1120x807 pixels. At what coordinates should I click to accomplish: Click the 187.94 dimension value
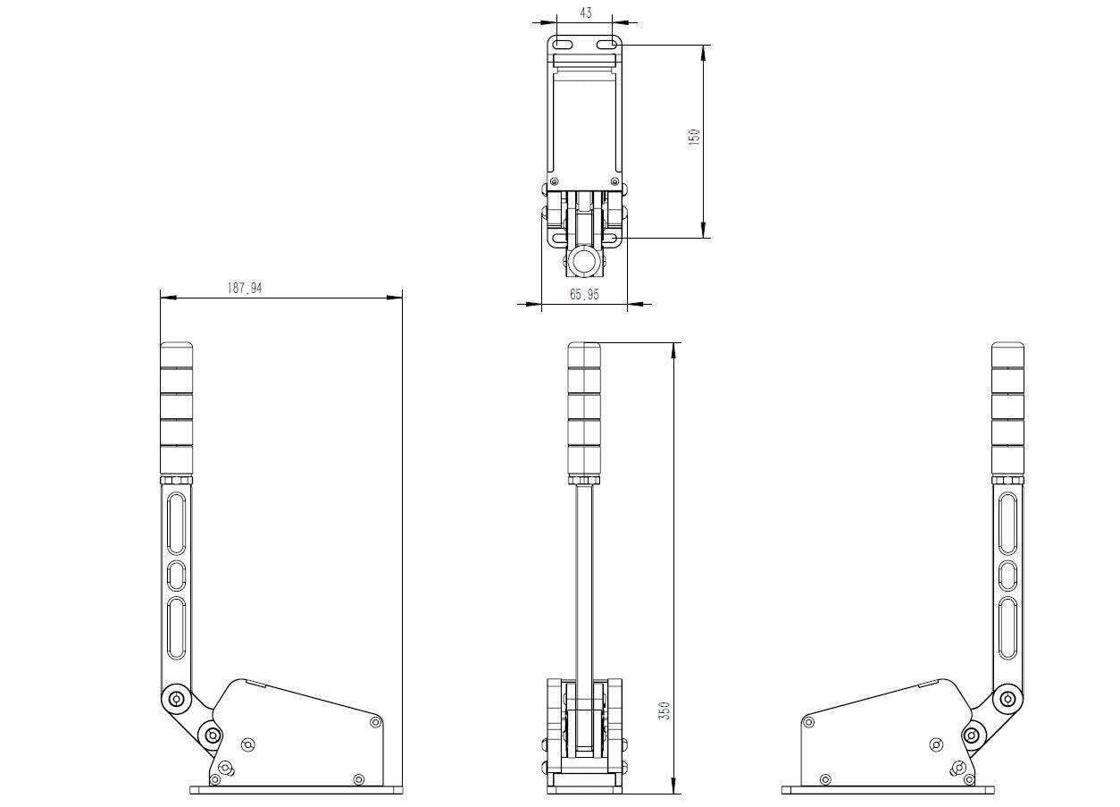(x=244, y=288)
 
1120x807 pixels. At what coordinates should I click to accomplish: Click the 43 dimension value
(x=586, y=13)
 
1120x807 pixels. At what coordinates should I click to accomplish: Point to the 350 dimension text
(x=664, y=710)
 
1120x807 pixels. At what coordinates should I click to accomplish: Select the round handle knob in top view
(x=585, y=261)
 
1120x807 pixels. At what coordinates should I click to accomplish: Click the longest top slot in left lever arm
(x=177, y=521)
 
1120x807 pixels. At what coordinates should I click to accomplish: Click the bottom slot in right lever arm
(x=1007, y=629)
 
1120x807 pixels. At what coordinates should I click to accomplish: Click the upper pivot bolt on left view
(x=175, y=699)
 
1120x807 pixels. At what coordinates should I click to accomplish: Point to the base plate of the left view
(x=295, y=790)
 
